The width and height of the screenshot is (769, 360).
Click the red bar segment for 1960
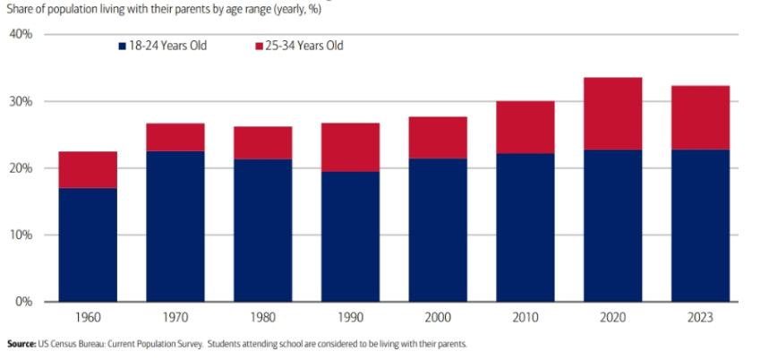87,170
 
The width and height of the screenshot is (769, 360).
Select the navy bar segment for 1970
175,226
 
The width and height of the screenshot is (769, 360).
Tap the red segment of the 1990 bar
349,147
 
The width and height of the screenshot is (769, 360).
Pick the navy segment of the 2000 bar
437,229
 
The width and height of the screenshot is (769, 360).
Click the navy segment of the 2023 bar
699,225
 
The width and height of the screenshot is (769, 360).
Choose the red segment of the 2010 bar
525,127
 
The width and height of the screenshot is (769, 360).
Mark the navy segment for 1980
262,230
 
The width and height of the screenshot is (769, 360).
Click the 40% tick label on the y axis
21,34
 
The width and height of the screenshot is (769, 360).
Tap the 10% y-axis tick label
21,235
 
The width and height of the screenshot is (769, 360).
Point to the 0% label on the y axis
24,302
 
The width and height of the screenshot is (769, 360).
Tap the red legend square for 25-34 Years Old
260,46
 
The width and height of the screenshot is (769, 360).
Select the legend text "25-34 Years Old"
304,46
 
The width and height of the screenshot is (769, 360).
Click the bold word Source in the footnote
24,344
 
